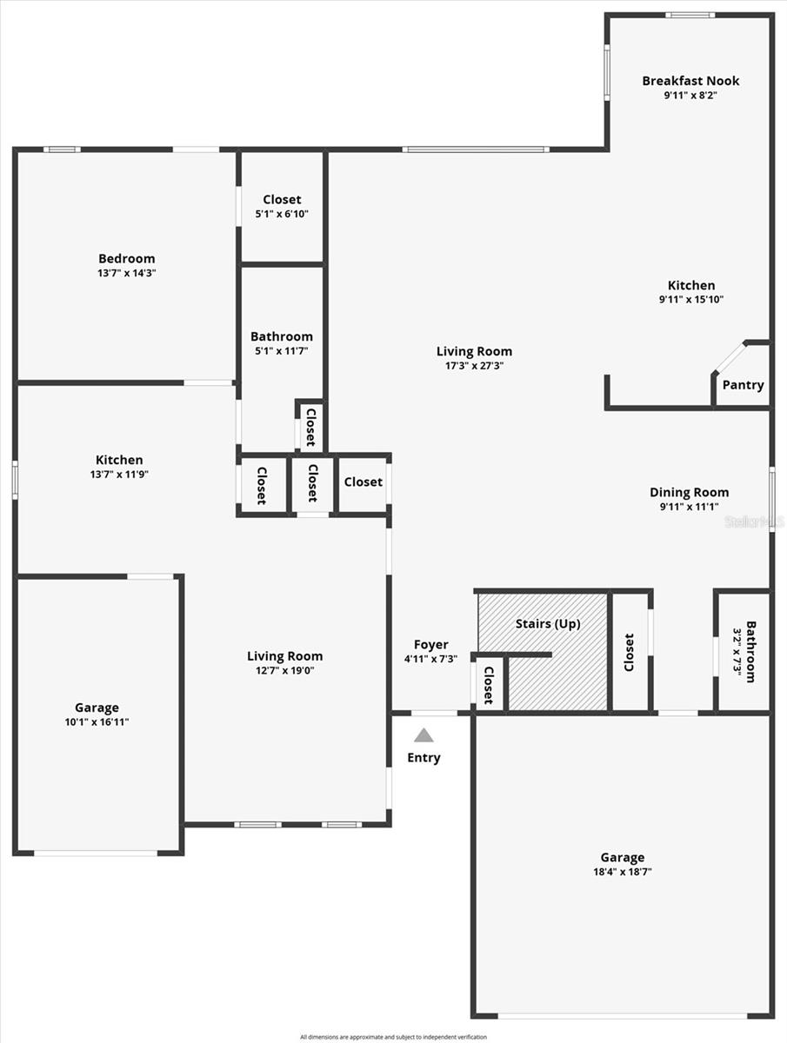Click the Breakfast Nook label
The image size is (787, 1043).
click(690, 81)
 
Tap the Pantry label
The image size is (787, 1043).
click(743, 385)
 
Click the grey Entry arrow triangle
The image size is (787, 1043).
click(424, 735)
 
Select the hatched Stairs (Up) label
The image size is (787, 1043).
click(548, 624)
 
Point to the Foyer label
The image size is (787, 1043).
click(430, 645)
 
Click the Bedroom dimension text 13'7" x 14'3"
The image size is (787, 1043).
click(127, 273)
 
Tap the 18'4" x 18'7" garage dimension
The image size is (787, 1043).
click(623, 872)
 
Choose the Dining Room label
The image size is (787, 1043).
click(689, 492)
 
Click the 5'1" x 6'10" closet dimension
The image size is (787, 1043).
click(282, 214)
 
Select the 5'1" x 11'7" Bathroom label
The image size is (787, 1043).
click(282, 336)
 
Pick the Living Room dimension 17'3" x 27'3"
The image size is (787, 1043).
click(474, 366)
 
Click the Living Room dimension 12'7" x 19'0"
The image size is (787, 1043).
click(284, 671)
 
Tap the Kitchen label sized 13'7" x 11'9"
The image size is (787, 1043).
click(119, 460)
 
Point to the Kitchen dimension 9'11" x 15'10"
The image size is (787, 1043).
click(691, 300)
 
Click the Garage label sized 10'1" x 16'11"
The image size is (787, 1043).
click(97, 708)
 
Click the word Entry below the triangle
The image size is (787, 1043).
click(424, 758)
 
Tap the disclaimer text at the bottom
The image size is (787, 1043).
click(393, 1037)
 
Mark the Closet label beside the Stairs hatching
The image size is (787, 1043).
click(630, 652)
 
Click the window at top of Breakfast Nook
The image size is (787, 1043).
click(690, 15)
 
